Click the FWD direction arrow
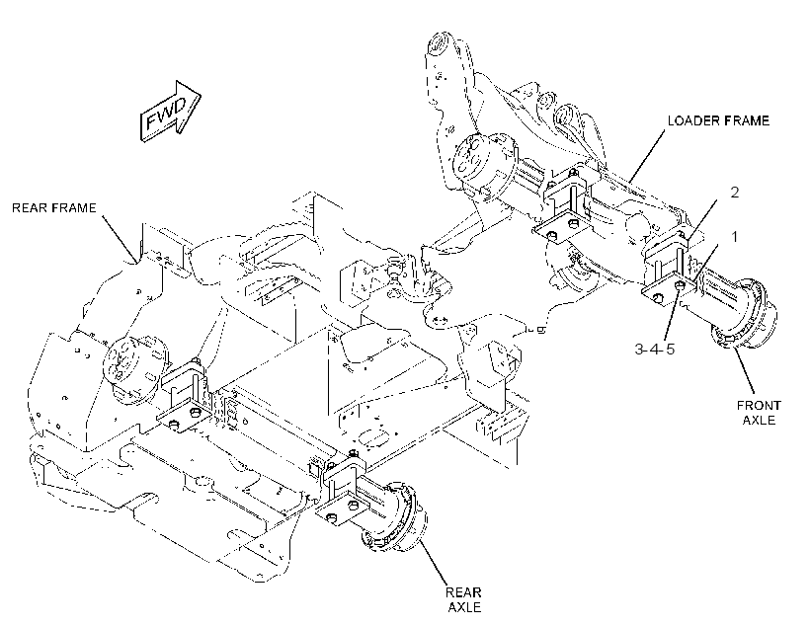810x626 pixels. (171, 112)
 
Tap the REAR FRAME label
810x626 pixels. (54, 207)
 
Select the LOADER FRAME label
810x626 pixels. (718, 120)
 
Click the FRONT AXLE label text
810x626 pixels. (759, 412)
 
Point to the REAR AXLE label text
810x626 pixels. (464, 599)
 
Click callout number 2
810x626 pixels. (735, 193)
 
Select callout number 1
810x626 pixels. (734, 237)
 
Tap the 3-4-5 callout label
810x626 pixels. (655, 350)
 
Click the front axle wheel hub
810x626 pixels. (744, 314)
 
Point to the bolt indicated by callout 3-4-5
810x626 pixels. (680, 284)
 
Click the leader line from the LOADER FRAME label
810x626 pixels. (647, 156)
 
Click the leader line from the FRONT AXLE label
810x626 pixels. (745, 372)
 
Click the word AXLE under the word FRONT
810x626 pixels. (759, 420)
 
